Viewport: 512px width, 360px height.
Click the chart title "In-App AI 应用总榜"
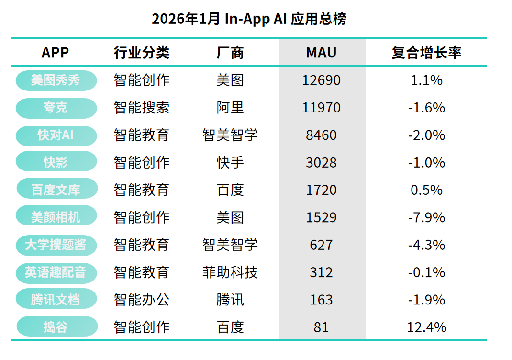coord(249,19)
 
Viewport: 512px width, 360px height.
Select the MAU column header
coord(321,52)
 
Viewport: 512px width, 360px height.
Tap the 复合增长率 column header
coord(426,52)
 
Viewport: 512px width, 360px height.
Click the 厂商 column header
coord(230,52)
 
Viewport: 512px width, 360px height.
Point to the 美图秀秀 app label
coord(56,80)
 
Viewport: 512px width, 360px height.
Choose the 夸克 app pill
coord(56,108)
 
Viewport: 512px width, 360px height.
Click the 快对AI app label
coord(56,135)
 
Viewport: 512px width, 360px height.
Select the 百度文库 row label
coord(56,190)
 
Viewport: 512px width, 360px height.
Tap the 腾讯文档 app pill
coord(56,300)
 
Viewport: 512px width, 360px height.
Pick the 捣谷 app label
coord(56,327)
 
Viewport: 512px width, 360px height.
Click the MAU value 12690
coord(321,80)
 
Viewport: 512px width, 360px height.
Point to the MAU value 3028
coord(321,163)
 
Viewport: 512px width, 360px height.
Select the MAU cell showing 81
coord(321,327)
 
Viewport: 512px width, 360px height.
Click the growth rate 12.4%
coord(426,327)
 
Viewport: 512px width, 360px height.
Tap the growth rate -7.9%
coord(426,218)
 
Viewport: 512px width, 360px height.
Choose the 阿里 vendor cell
coord(230,108)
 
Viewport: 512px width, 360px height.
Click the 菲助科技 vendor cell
coord(230,273)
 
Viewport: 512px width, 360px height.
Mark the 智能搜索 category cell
coord(142,108)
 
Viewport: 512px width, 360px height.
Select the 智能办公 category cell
coord(142,300)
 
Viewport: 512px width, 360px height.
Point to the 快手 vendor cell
coord(230,163)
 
